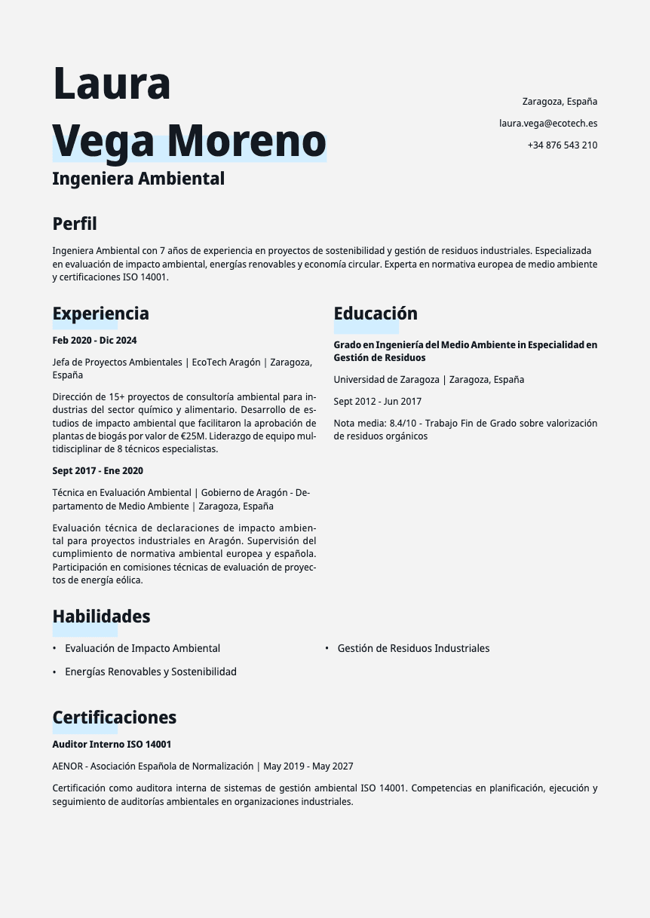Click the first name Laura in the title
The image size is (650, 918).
(112, 84)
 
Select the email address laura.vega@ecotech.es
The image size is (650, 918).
(548, 123)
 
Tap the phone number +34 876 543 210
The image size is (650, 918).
(562, 145)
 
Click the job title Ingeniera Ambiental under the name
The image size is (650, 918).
(138, 179)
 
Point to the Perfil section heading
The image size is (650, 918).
(75, 224)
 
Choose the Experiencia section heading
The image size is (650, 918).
(100, 314)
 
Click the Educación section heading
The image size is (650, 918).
(376, 314)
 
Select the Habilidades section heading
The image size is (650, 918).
(101, 617)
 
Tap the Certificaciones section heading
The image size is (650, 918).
(114, 718)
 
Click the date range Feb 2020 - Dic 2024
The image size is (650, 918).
(94, 341)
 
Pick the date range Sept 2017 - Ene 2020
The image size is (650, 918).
(97, 471)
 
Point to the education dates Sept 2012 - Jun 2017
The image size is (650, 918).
(378, 402)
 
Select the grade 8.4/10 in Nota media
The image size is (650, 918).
(403, 423)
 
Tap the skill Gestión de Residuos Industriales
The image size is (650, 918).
(413, 648)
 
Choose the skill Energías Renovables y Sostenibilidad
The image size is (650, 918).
(151, 672)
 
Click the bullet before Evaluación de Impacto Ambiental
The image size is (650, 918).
(54, 648)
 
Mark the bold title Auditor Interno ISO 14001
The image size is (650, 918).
(112, 745)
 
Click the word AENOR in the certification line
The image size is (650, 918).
(68, 767)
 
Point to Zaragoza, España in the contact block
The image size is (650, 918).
(560, 101)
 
